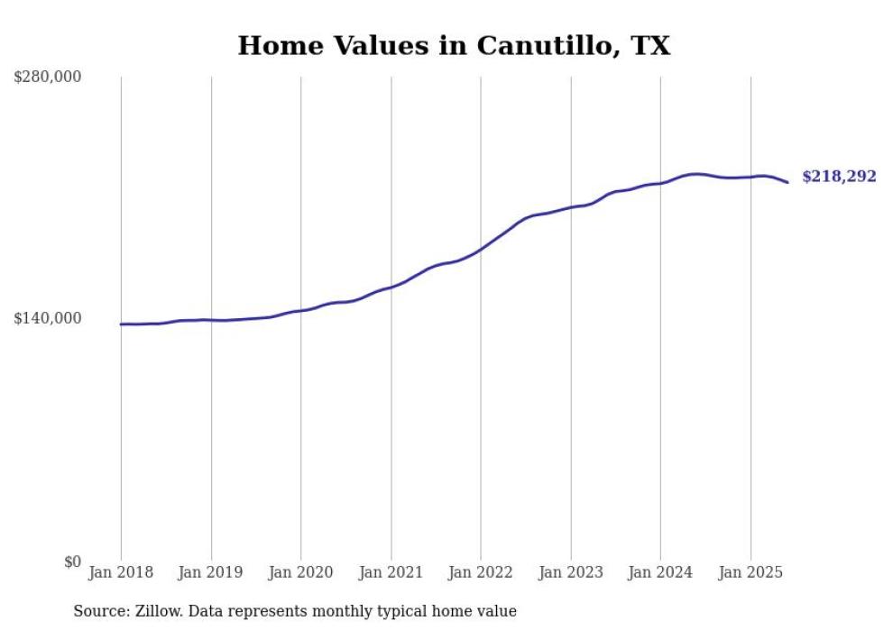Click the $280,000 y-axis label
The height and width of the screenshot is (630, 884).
pyautogui.click(x=48, y=78)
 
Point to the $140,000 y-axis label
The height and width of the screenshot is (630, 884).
pyautogui.click(x=48, y=318)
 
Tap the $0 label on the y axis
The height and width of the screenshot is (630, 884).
pyautogui.click(x=72, y=562)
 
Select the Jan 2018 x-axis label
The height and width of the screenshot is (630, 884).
pyautogui.click(x=121, y=572)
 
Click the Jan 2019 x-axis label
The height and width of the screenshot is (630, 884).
pyautogui.click(x=211, y=572)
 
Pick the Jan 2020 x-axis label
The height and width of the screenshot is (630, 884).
pyautogui.click(x=301, y=572)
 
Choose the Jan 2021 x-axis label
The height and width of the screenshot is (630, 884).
pyautogui.click(x=391, y=572)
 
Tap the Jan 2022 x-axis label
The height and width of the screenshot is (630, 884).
pyautogui.click(x=481, y=572)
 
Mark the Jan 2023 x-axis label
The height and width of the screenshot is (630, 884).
pyautogui.click(x=571, y=572)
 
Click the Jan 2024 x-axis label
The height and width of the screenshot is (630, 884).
pyautogui.click(x=660, y=572)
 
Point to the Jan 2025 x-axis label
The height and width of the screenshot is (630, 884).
pyautogui.click(x=750, y=572)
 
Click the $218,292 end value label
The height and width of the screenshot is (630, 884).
pyautogui.click(x=839, y=178)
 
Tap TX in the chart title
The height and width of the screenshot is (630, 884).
pyautogui.click(x=649, y=47)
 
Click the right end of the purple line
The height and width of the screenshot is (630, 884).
pyautogui.click(x=787, y=182)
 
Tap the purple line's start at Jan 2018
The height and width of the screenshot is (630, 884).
pyautogui.click(x=121, y=324)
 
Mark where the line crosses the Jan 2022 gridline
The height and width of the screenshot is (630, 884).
pyautogui.click(x=481, y=249)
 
